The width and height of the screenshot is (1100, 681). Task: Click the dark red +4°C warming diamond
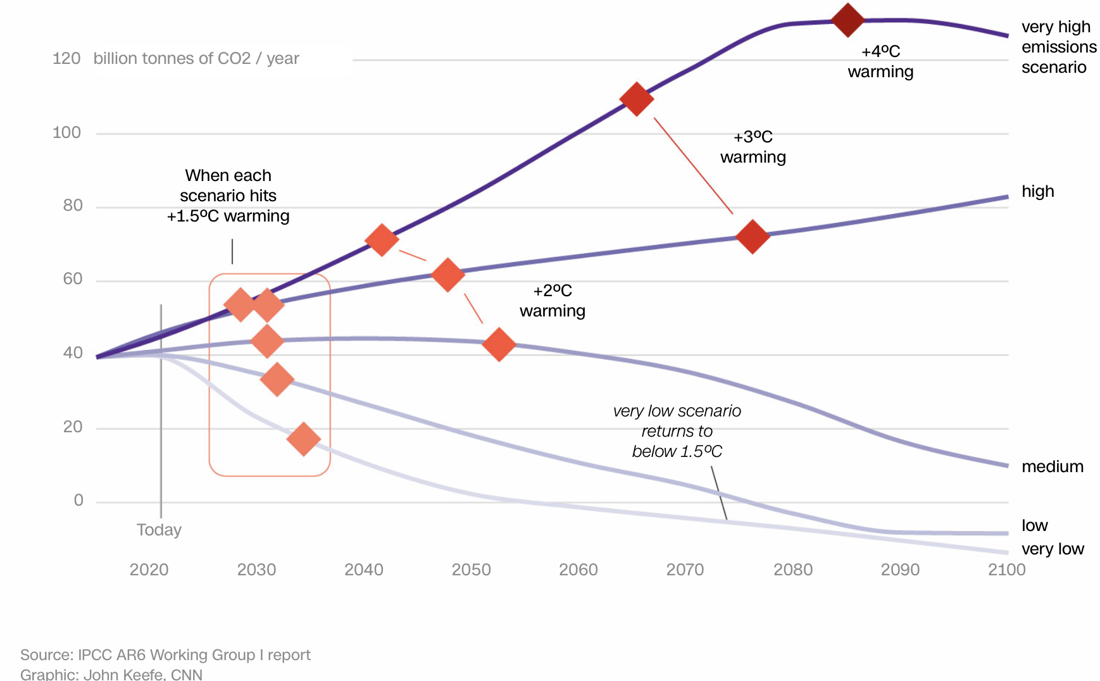click(x=847, y=20)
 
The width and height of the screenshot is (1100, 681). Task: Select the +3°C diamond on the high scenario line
click(x=753, y=237)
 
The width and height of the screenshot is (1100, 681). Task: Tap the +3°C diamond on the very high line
click(x=637, y=99)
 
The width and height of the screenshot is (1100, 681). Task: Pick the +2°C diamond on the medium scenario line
click(x=499, y=344)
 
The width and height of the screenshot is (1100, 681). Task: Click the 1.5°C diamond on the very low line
click(x=303, y=439)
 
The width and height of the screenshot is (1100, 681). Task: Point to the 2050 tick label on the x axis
click(x=471, y=570)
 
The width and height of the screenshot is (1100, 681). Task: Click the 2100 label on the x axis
click(x=1006, y=570)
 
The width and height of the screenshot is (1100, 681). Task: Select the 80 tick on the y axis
click(x=73, y=206)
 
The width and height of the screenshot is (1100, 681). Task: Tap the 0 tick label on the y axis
click(x=78, y=501)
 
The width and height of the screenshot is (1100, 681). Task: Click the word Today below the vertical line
click(x=159, y=530)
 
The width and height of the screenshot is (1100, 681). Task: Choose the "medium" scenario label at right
click(x=1052, y=466)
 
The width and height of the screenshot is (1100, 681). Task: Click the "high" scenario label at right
click(x=1037, y=191)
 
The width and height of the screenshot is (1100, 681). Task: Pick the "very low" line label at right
click(x=1053, y=549)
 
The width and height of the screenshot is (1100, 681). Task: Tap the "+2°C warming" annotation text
click(x=553, y=301)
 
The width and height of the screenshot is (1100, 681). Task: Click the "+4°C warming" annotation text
click(x=880, y=61)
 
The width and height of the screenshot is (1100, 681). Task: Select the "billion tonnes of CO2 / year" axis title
click(x=196, y=59)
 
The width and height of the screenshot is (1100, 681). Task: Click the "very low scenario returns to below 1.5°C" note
click(x=677, y=431)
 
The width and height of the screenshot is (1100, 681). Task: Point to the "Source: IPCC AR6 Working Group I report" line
click(x=165, y=654)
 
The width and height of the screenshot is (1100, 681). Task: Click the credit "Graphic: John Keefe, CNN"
click(x=111, y=674)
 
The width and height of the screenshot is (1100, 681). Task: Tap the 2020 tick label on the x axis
click(x=149, y=570)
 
